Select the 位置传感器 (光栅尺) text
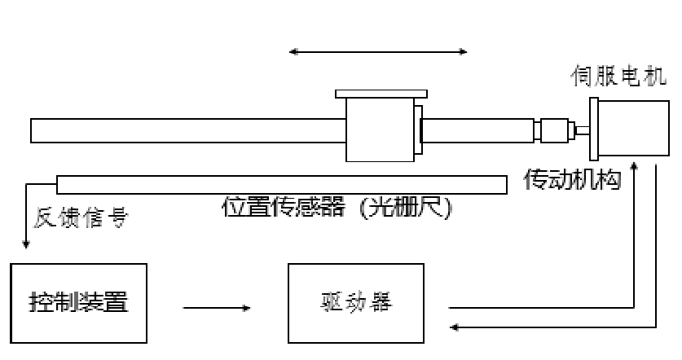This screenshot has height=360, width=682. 337,206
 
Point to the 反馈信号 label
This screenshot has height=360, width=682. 81,217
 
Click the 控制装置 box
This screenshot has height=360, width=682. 78,303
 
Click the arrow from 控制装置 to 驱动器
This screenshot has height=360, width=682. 216,309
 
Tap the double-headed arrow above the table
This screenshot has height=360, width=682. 379,52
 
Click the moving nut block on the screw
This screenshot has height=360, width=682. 380,130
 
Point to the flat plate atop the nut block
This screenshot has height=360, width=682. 379,94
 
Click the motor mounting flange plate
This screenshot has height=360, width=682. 594,129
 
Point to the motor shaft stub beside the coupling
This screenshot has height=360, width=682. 580,130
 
